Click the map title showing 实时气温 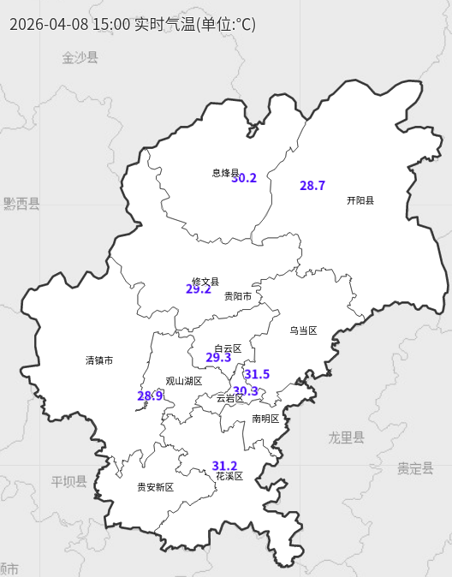tap(132, 24)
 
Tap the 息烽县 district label tap(225, 173)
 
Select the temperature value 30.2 tap(244, 178)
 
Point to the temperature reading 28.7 tap(312, 186)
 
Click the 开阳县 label tap(360, 200)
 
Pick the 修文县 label tap(205, 282)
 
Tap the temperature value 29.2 tap(199, 289)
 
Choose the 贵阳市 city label tap(238, 296)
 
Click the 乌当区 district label tap(303, 330)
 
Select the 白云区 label tap(228, 348)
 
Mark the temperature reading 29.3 tap(218, 358)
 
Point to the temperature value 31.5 tap(257, 374)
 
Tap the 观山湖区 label tap(184, 381)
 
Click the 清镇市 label tap(99, 360)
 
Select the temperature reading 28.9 tap(150, 396)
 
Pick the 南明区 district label tap(265, 419)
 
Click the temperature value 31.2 tap(225, 466)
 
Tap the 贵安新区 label tap(156, 487)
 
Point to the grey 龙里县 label tap(346, 437)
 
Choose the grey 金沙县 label tap(80, 57)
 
